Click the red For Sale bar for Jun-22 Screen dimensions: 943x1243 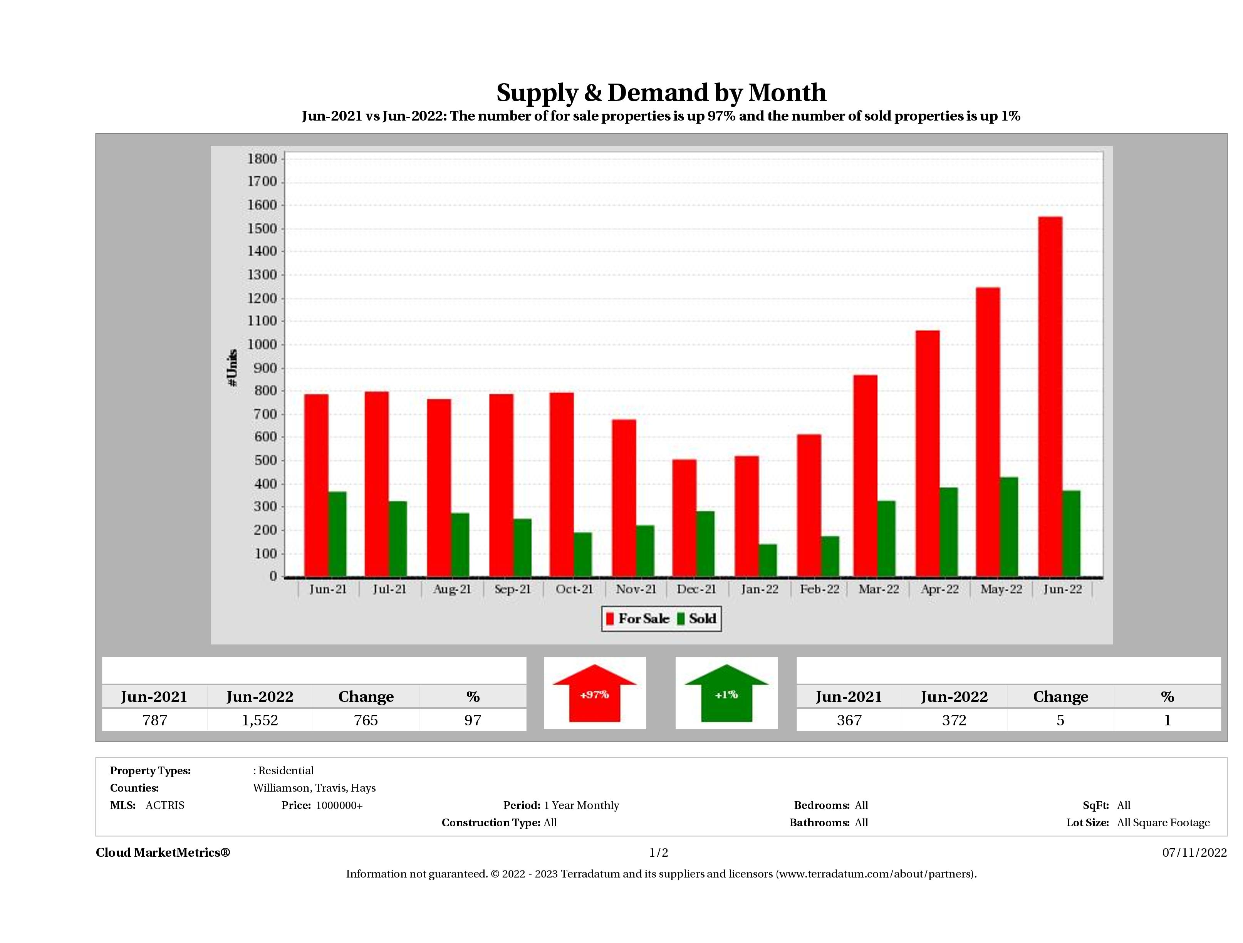click(x=1050, y=396)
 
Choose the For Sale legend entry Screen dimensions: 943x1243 click(x=638, y=619)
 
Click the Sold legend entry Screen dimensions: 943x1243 click(x=697, y=619)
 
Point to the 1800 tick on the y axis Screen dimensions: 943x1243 click(x=262, y=159)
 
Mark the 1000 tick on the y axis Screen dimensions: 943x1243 click(x=262, y=344)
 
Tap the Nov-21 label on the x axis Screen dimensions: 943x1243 click(x=636, y=589)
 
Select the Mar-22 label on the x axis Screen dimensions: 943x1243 click(x=878, y=589)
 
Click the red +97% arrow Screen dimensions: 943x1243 click(x=594, y=694)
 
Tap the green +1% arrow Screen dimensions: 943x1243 click(x=726, y=694)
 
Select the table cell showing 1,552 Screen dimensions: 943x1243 click(x=260, y=720)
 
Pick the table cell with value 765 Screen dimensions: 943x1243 click(x=366, y=720)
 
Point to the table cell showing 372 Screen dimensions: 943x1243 click(x=954, y=720)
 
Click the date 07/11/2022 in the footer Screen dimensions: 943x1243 click(x=1194, y=852)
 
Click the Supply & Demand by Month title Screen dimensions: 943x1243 click(x=661, y=93)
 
